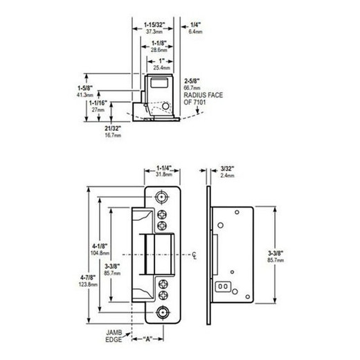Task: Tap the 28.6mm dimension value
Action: pos(159,51)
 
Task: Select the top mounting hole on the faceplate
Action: pos(163,197)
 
